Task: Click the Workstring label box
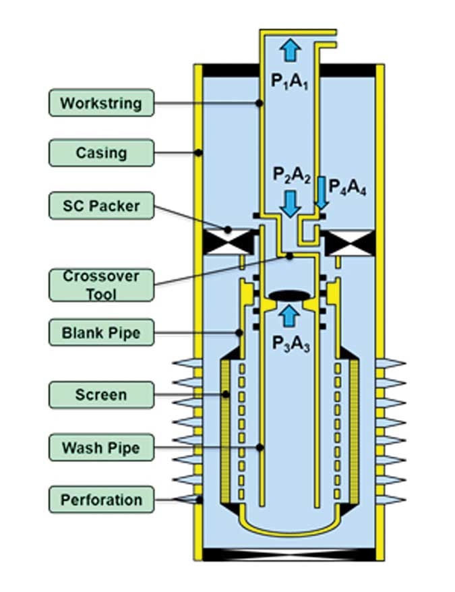[x=101, y=103]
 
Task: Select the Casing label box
[x=101, y=152]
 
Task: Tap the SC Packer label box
[x=101, y=204]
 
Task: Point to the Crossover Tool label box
[x=101, y=285]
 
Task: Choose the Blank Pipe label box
[x=101, y=332]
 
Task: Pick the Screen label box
[x=101, y=394]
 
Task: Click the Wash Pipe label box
[x=101, y=447]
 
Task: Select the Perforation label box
[x=101, y=500]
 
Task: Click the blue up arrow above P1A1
[x=291, y=51]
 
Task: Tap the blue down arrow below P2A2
[x=291, y=202]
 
